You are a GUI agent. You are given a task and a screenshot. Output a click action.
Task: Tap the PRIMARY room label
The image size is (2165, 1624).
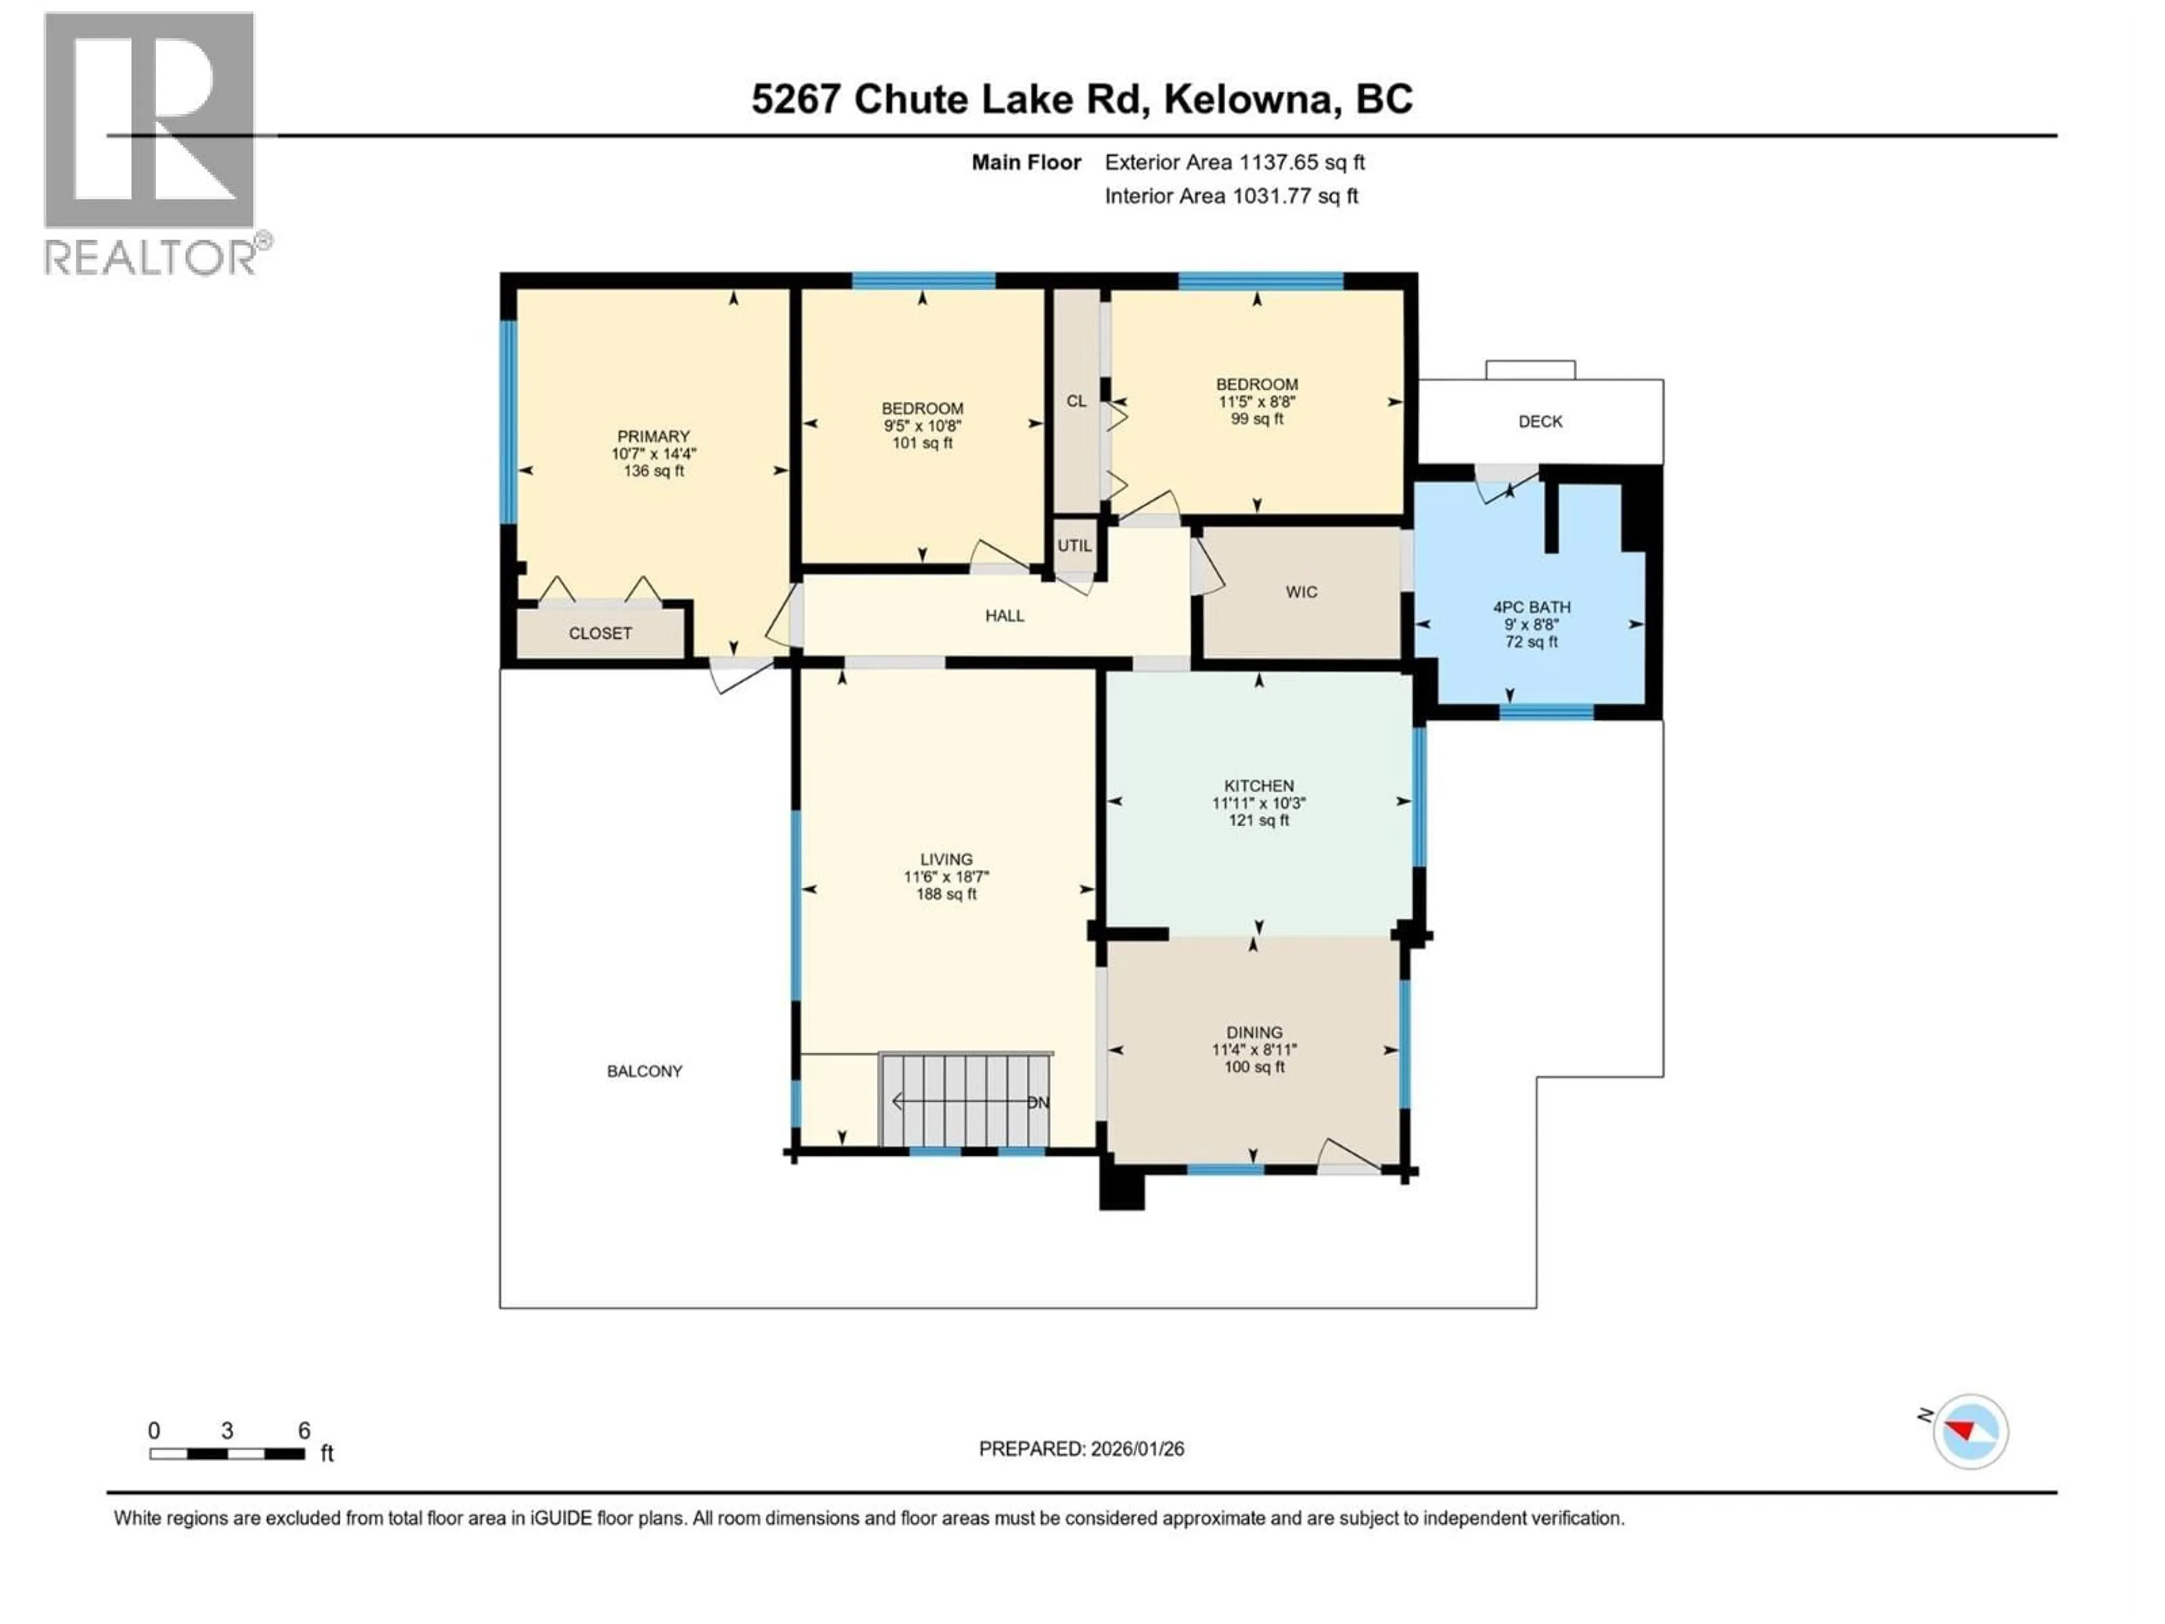[653, 436]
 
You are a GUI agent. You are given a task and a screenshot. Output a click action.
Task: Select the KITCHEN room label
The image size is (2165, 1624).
[1258, 785]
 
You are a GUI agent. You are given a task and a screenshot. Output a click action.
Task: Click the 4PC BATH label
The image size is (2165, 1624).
[1531, 607]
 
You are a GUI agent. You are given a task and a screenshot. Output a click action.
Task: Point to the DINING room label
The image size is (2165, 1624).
[1254, 1032]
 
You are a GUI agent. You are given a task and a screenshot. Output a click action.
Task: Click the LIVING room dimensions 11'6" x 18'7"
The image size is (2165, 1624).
[945, 877]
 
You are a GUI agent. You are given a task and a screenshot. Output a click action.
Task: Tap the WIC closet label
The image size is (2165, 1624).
[1301, 592]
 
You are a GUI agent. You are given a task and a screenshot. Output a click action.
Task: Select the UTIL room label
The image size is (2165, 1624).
[1073, 545]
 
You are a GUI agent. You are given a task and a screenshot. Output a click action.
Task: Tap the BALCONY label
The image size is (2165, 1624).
[644, 1071]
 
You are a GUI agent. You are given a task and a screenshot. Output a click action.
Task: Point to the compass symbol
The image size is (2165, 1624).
[1969, 1431]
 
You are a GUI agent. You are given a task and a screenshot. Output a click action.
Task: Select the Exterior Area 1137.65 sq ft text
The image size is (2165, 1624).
[1234, 162]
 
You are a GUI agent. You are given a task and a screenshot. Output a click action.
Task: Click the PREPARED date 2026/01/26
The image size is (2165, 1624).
[1081, 1449]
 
